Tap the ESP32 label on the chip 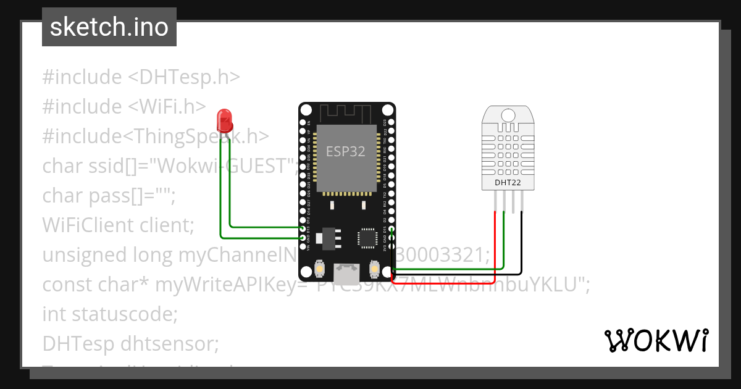point(346,151)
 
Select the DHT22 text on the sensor point(508,183)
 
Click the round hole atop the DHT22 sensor point(508,115)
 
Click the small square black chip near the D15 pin point(367,238)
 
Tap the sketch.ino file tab point(109,28)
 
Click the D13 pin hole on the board point(302,228)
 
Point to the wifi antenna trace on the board point(346,114)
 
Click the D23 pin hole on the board point(391,123)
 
